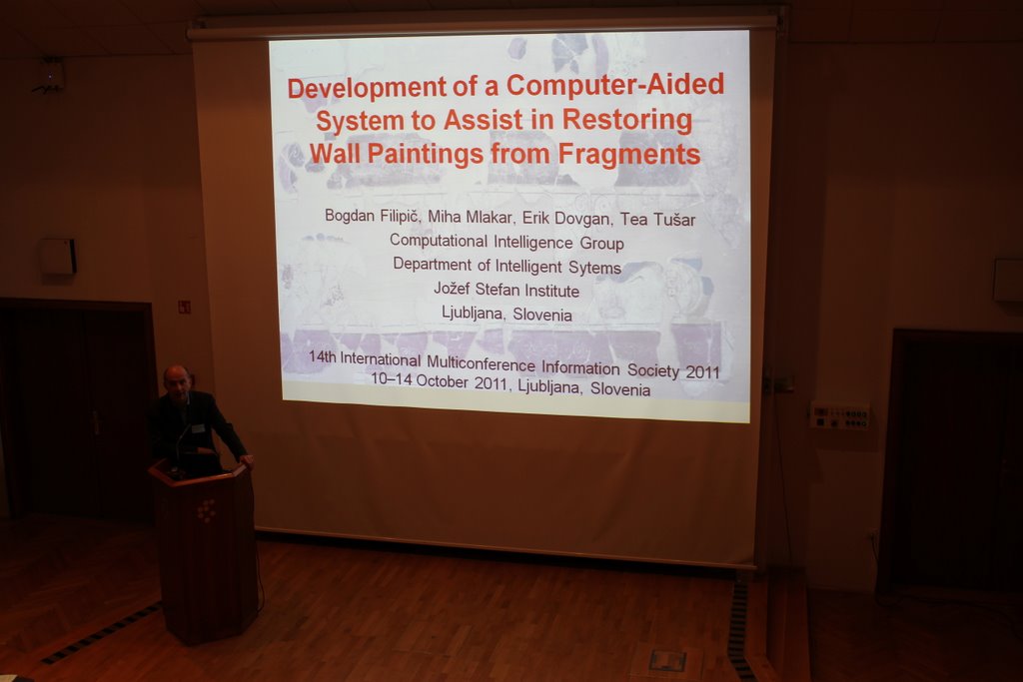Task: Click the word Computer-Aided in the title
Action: (615, 85)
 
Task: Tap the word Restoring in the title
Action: (627, 119)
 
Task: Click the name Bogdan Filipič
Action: (373, 215)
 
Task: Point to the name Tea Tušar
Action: (657, 219)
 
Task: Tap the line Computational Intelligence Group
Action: (507, 242)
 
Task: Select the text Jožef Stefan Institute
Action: (507, 290)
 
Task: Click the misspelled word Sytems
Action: (594, 268)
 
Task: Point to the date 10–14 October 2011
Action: (440, 380)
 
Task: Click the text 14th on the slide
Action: (323, 357)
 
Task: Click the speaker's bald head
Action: (177, 377)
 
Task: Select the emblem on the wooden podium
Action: (206, 510)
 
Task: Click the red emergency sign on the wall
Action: (184, 307)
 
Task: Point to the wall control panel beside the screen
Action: (839, 416)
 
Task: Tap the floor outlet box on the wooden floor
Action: (667, 660)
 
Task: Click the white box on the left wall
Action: (58, 257)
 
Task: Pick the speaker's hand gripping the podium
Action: (246, 460)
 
